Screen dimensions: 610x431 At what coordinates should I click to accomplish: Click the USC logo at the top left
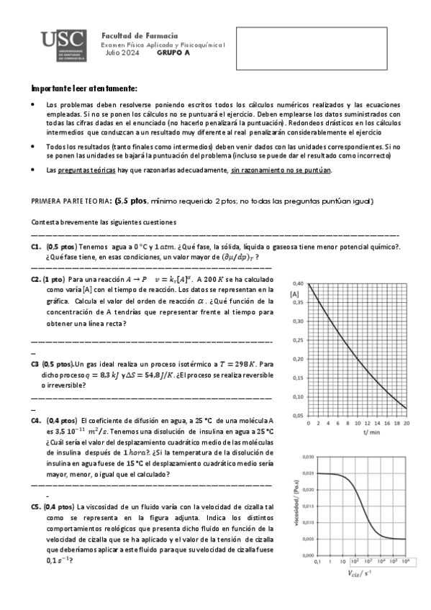(63, 46)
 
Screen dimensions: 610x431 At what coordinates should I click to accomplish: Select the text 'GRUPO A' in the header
(173, 53)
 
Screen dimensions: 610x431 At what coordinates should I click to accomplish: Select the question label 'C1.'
(36, 246)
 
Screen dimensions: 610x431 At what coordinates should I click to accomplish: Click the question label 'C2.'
(36, 278)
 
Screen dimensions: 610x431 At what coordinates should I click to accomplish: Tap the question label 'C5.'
(36, 506)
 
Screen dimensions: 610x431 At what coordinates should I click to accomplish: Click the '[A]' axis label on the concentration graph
(294, 294)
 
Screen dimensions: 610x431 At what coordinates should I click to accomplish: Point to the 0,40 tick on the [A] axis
(298, 283)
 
